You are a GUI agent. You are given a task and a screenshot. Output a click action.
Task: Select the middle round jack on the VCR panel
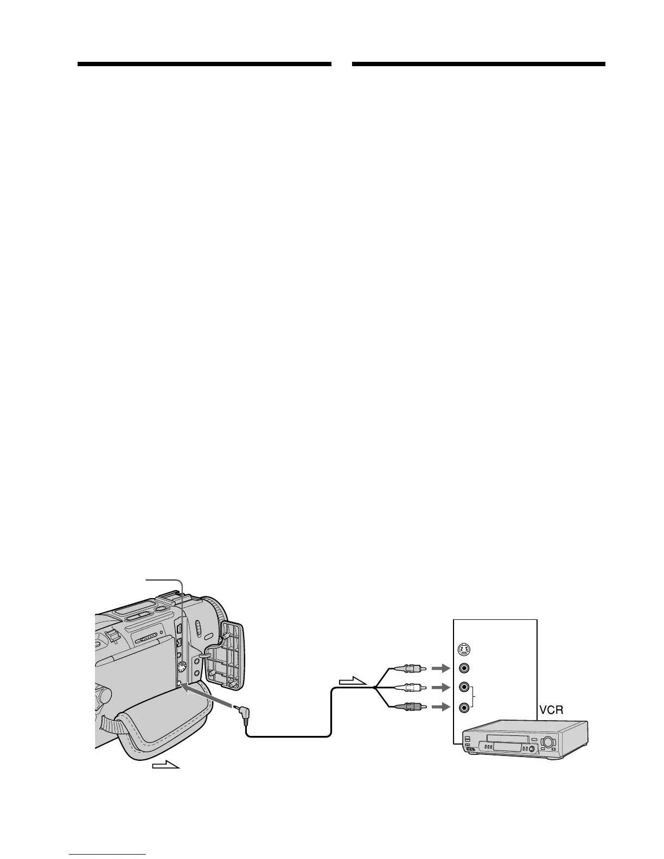[464, 687]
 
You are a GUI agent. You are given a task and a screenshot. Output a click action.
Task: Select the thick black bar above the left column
[204, 64]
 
